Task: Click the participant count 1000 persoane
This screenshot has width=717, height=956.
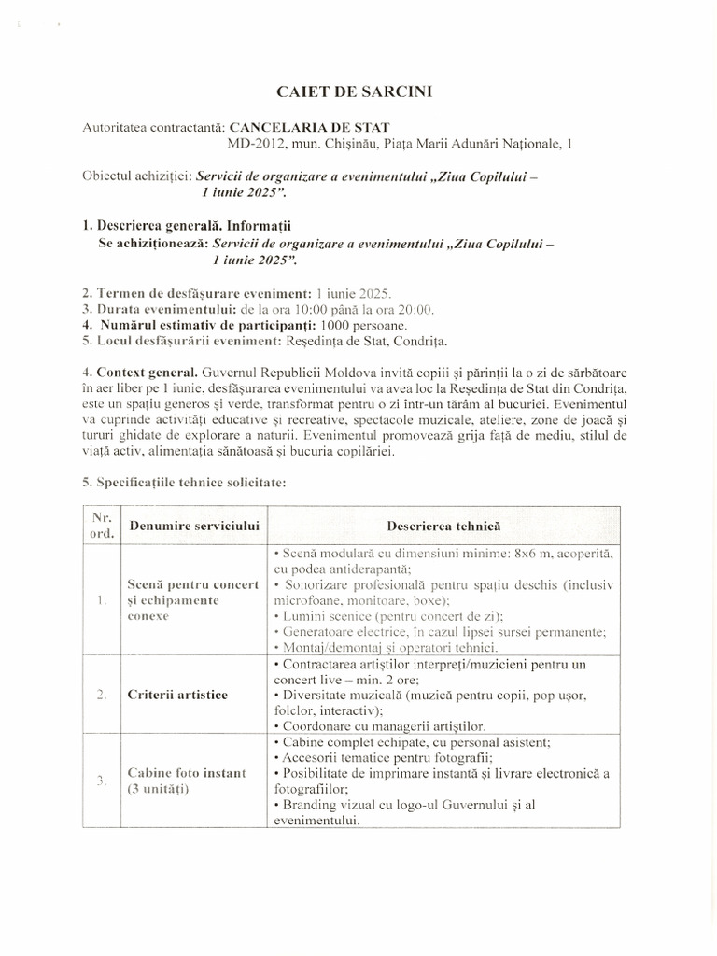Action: [x=363, y=325]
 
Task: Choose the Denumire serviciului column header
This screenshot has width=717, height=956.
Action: [x=197, y=527]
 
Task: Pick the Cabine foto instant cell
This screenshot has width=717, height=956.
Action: [x=187, y=772]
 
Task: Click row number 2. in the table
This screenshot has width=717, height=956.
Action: [x=101, y=696]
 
